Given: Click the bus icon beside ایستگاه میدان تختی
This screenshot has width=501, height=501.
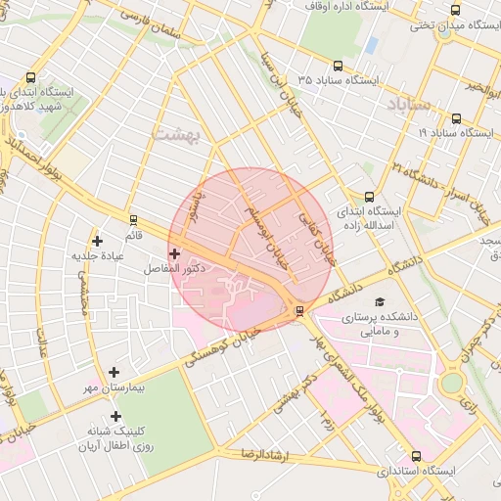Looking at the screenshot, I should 455,10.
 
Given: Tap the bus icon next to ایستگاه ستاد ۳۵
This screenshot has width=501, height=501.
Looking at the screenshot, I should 339,66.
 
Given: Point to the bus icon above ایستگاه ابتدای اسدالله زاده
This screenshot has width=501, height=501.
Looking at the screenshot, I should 369,196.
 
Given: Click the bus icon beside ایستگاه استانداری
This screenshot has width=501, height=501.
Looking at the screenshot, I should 417,456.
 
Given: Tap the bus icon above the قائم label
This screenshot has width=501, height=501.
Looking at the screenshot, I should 133,220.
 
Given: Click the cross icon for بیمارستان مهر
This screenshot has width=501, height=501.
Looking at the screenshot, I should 114,372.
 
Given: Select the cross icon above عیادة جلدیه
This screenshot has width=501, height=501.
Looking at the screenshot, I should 96,241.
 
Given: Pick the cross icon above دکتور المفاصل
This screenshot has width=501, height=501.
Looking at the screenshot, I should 174,253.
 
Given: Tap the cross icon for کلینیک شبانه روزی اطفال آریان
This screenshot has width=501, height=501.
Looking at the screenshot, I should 115,417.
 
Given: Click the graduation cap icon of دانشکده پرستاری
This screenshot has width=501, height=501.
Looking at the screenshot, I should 380,302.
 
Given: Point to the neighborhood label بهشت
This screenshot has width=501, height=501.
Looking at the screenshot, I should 177,134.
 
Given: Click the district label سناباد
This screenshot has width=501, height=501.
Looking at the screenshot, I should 408,104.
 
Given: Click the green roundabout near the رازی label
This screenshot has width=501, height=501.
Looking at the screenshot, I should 450,383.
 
